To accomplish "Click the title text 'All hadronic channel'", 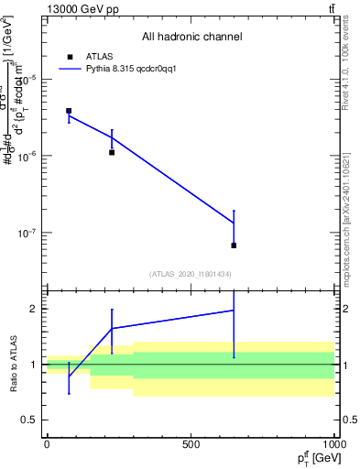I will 191,38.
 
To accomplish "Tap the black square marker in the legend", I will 69,56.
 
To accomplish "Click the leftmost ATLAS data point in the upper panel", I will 69,111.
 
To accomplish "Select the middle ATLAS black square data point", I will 112,152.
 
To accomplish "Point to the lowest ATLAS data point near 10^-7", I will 234,245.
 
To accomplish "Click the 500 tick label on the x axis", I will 191,444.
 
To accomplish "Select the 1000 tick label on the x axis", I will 333,444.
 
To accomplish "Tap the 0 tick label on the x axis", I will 47,444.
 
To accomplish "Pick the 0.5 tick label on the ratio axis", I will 29,420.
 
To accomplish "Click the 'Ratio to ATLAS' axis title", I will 12,364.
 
